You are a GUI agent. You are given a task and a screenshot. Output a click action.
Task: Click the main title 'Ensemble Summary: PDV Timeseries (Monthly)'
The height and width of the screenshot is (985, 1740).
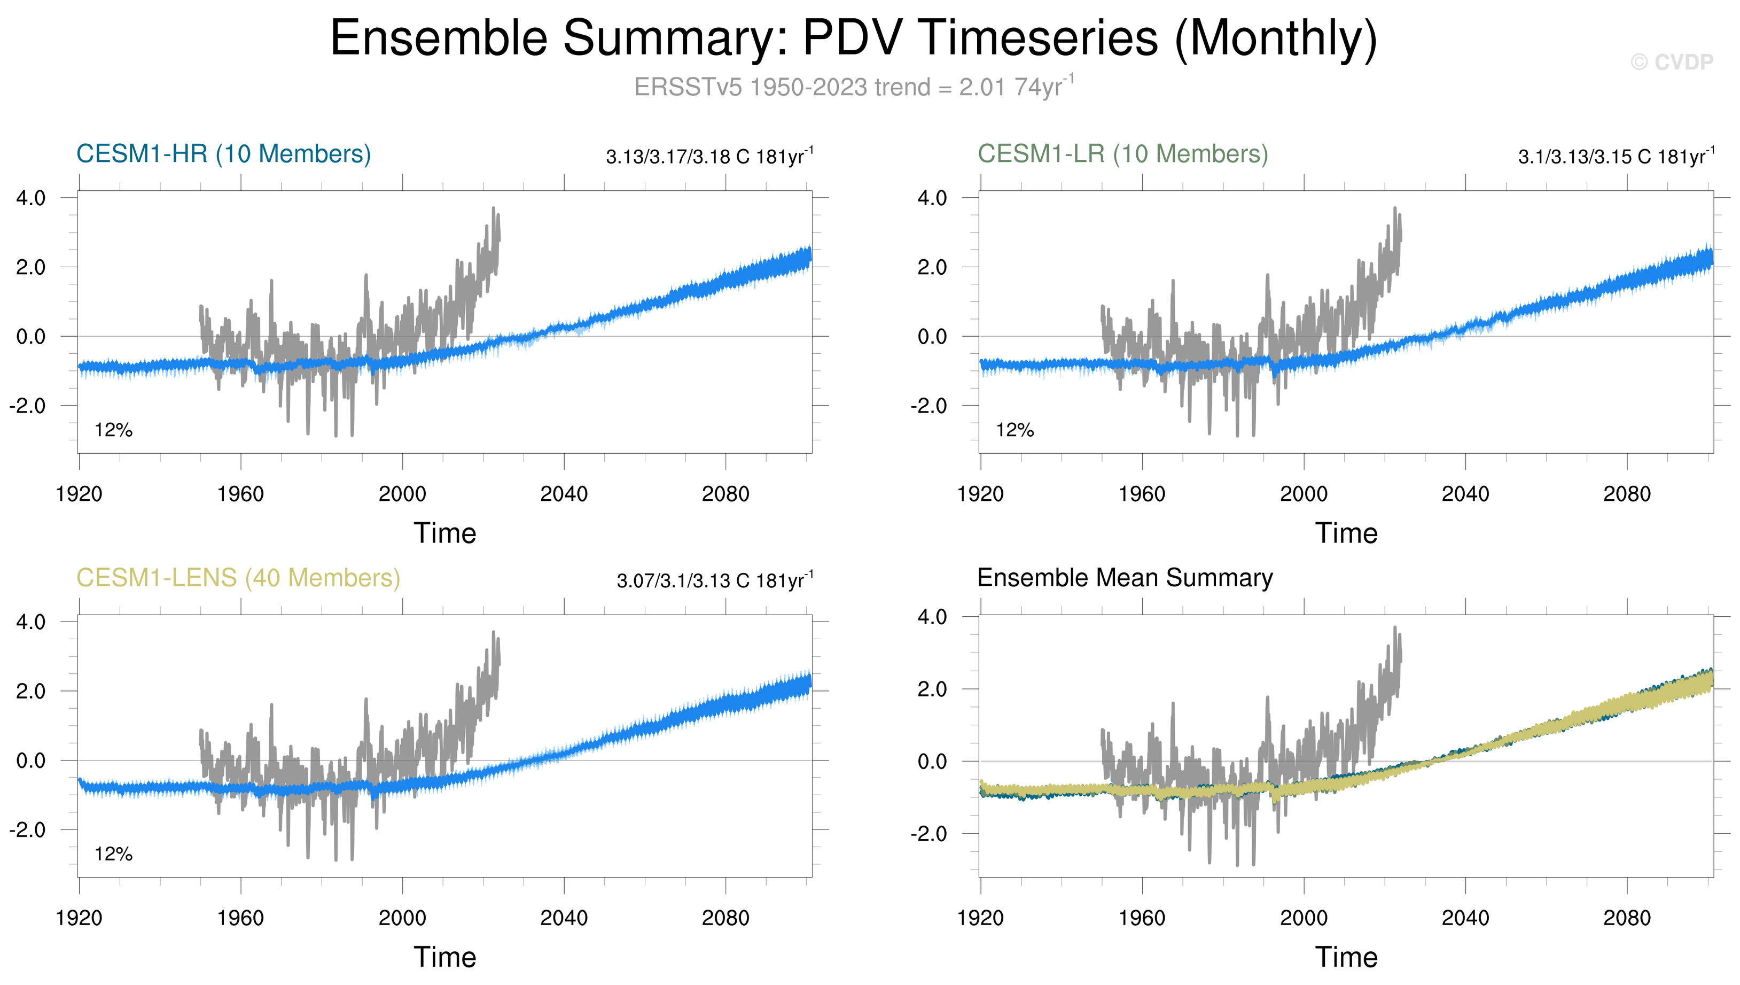pyautogui.click(x=853, y=38)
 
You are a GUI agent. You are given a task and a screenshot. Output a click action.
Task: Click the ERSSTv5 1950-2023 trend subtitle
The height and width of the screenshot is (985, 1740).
pyautogui.click(x=853, y=87)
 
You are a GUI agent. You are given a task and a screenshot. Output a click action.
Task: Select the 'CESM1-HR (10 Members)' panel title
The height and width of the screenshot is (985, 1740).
pyautogui.click(x=224, y=154)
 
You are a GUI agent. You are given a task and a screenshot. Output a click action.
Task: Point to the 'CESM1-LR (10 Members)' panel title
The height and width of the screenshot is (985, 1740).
pyautogui.click(x=1122, y=154)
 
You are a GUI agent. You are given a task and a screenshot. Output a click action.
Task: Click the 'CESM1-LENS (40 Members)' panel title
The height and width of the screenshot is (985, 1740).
pyautogui.click(x=238, y=578)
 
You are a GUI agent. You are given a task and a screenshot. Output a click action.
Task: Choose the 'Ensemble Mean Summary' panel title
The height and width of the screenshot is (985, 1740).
pyautogui.click(x=1125, y=578)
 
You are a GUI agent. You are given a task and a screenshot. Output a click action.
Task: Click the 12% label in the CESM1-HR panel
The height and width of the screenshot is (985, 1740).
pyautogui.click(x=114, y=430)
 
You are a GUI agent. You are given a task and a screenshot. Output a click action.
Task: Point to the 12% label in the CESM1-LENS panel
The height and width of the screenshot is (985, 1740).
pyautogui.click(x=114, y=855)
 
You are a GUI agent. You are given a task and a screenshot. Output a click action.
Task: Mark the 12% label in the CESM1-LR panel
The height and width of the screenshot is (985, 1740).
pyautogui.click(x=1015, y=430)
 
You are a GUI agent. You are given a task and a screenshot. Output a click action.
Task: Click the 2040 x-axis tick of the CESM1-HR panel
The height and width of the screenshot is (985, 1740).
pyautogui.click(x=564, y=494)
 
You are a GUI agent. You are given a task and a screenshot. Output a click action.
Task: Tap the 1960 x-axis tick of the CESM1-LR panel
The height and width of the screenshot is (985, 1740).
pyautogui.click(x=1142, y=494)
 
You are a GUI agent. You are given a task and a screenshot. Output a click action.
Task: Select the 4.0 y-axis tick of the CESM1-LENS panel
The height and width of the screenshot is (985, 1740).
pyautogui.click(x=31, y=623)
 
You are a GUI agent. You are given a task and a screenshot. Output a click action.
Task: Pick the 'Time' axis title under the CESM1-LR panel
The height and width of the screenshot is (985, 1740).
pyautogui.click(x=1346, y=534)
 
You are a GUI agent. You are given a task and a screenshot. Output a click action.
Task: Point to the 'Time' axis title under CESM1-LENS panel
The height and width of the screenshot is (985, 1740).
pyautogui.click(x=445, y=958)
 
